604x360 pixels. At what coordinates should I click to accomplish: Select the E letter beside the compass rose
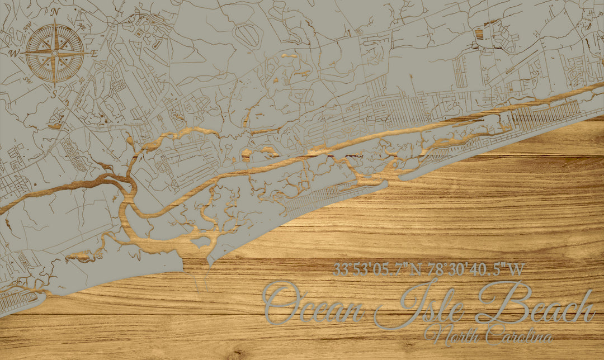pos(94,54)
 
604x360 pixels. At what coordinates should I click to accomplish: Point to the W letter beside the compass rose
pos(14,54)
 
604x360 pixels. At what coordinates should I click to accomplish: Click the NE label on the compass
pos(82,26)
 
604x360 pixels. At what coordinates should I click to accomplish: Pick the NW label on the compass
pos(28,26)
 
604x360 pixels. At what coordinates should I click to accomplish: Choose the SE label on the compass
pos(82,80)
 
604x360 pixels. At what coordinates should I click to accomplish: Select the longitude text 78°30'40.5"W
pos(476,269)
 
